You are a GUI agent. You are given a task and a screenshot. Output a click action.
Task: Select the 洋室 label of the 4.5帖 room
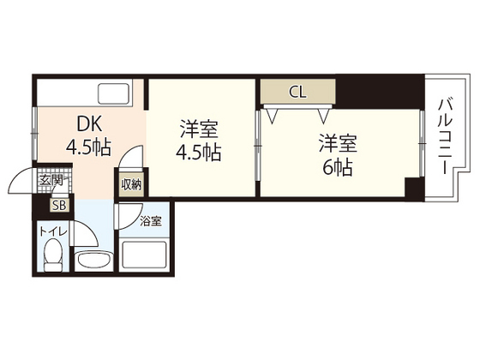[199, 131]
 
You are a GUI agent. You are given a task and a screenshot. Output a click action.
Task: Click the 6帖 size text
[337, 168]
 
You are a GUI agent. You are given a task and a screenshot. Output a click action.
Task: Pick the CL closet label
[297, 90]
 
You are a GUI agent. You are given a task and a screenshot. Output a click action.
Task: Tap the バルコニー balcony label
[445, 137]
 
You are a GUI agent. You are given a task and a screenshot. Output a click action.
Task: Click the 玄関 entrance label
[51, 180]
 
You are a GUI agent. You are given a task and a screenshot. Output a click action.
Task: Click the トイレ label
[52, 231]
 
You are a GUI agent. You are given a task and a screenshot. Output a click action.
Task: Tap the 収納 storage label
[130, 184]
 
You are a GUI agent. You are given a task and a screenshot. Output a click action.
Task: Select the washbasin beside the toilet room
[94, 261]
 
